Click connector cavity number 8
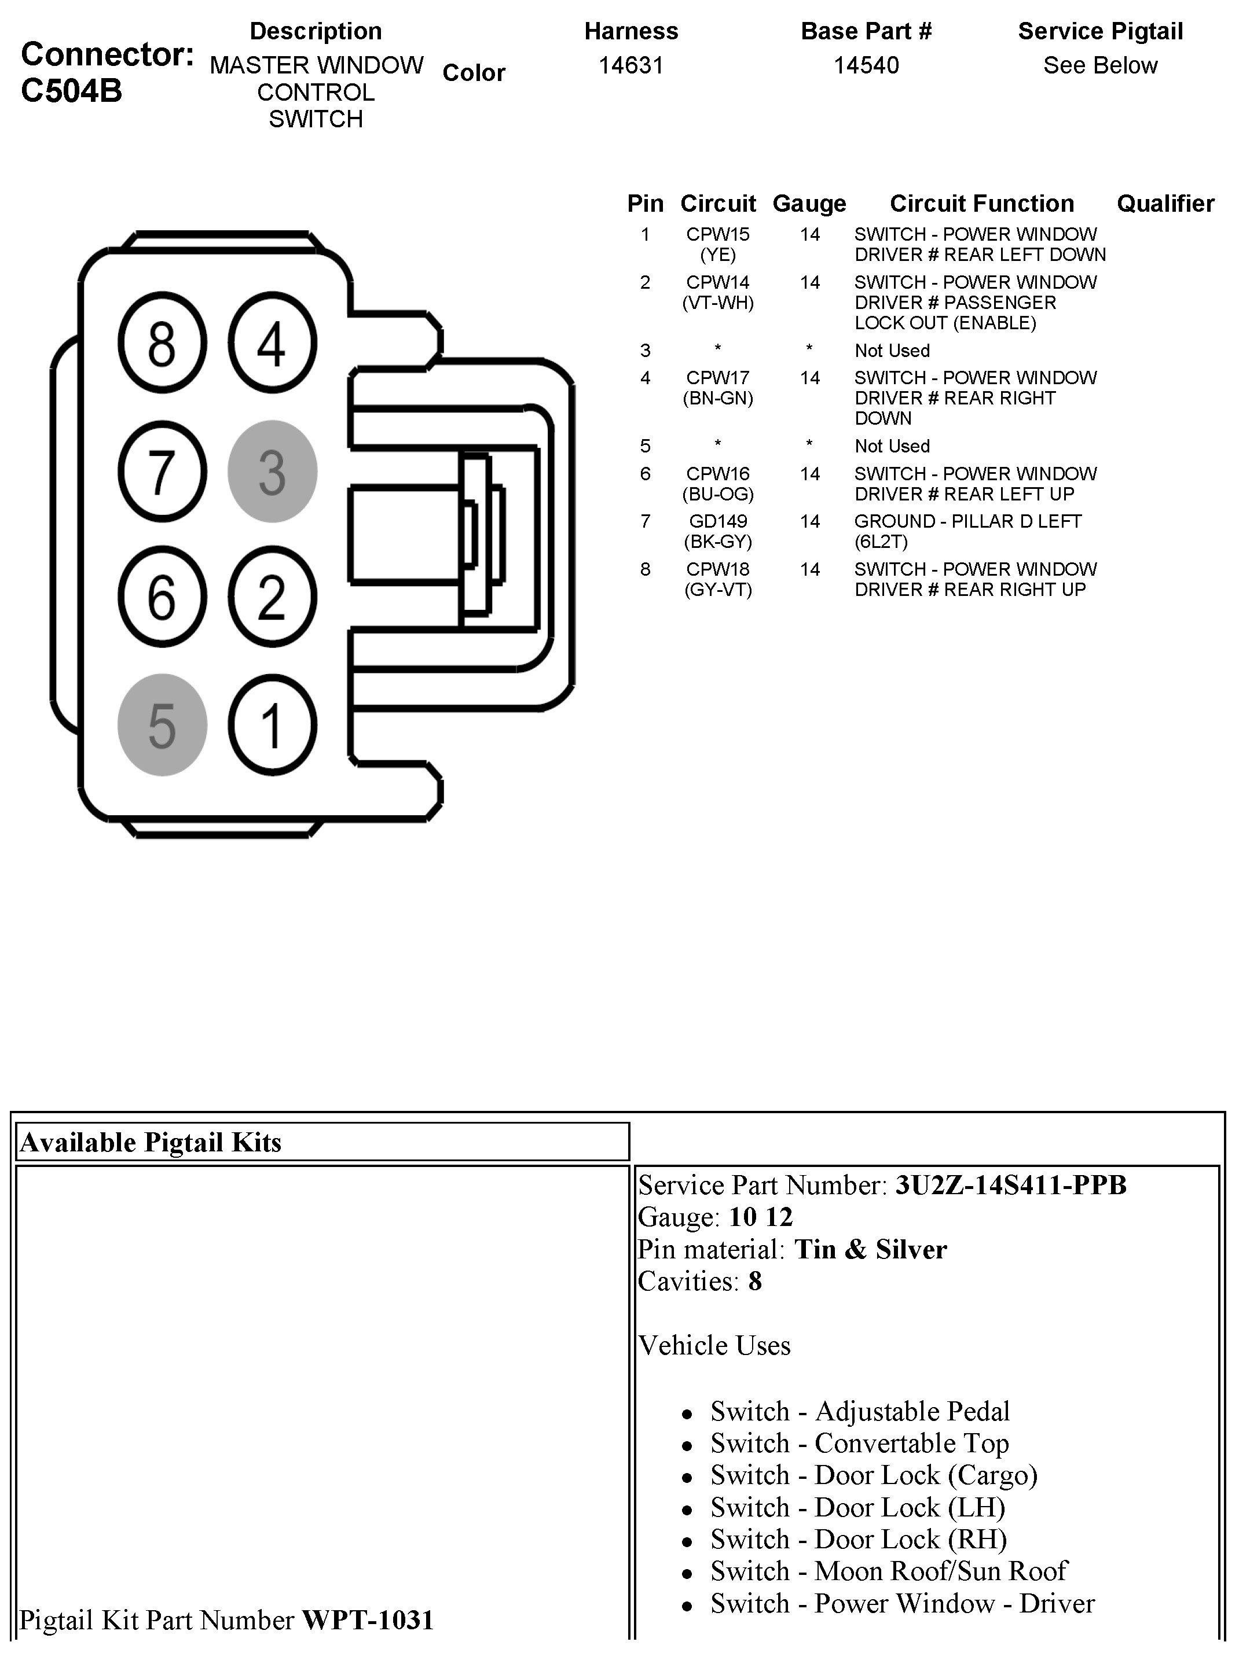pos(162,344)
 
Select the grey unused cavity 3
pos(272,472)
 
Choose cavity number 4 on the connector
pos(272,344)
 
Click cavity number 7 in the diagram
pos(162,472)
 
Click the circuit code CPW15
pos(718,234)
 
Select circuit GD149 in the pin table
pos(718,522)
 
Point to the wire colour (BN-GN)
pos(718,399)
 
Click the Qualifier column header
pos(1165,204)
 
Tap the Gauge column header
pos(809,204)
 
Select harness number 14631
pos(631,66)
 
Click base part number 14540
pos(866,66)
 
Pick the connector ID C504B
pos(71,91)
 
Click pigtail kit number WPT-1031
pos(368,1621)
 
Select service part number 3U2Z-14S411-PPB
pos(1011,1185)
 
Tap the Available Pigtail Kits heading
pos(151,1142)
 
